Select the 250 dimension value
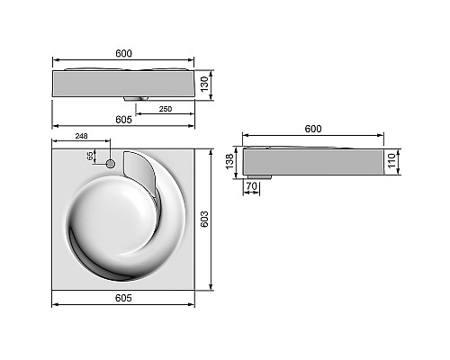166,109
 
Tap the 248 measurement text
81,137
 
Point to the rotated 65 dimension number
90,157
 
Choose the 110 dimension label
391,160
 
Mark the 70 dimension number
251,186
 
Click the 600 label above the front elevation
124,53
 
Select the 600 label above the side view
312,129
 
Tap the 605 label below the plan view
124,298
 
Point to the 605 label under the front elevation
123,119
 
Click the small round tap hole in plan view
111,164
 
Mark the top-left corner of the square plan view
53,148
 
